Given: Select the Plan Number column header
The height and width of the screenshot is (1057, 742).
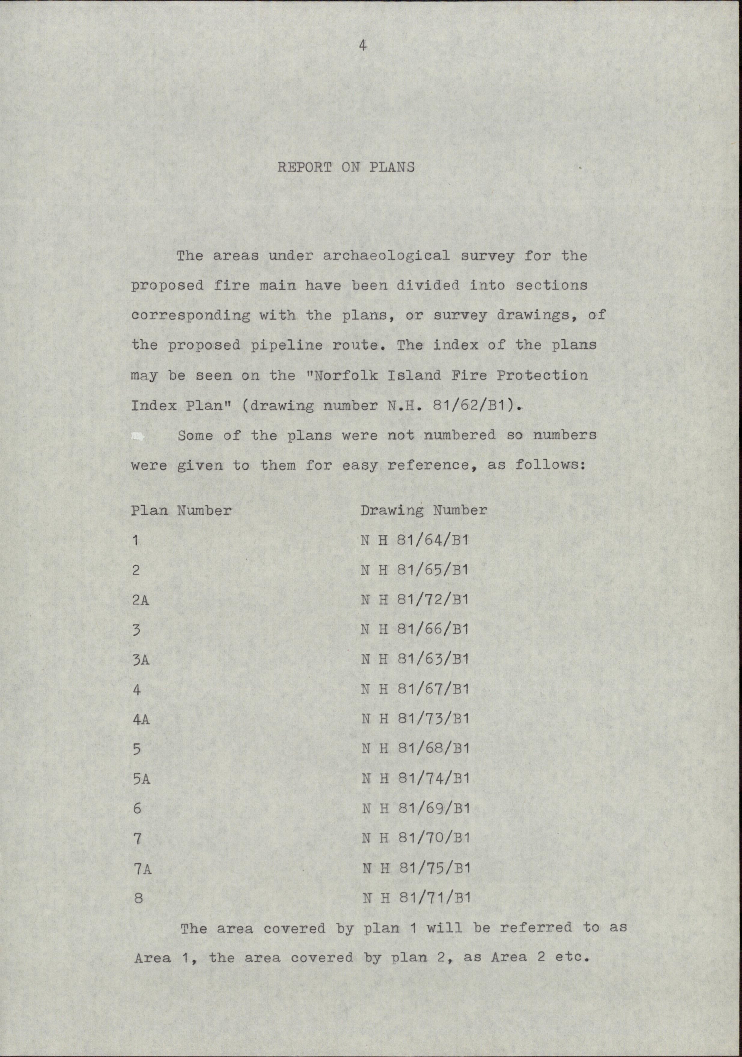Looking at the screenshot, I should pos(181,510).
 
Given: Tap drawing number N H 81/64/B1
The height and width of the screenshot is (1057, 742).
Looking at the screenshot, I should pos(414,540).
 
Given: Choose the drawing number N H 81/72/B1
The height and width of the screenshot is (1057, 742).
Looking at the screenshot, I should pos(414,600).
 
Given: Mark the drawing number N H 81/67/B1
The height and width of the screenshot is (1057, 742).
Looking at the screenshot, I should pos(415,689).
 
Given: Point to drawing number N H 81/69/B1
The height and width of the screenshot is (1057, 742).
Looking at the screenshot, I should pos(416,808).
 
